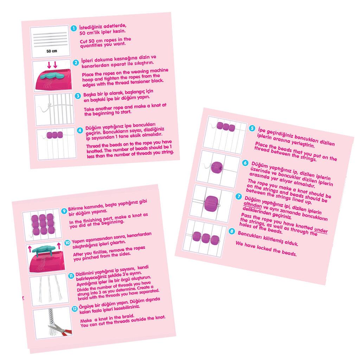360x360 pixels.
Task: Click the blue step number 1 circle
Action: point(73,28)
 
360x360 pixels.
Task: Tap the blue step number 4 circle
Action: point(80,131)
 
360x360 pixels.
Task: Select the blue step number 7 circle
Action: point(239,197)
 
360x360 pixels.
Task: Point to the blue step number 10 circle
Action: point(67,243)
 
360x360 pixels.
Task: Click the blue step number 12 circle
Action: point(75,309)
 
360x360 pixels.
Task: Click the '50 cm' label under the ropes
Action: point(52,51)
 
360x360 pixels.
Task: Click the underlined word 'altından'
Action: point(252,205)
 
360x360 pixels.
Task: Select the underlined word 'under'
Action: point(321,229)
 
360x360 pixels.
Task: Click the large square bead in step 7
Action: point(211,203)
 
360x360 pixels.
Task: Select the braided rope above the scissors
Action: point(51,317)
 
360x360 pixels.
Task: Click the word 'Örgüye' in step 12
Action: point(86,307)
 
